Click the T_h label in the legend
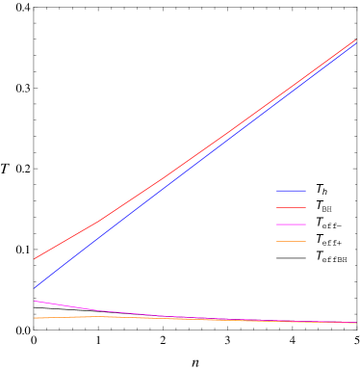click(321, 191)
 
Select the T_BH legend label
click(323, 207)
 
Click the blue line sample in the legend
click(291, 191)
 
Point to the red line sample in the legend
click(291, 207)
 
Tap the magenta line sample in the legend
click(291, 224)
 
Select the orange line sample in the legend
click(291, 241)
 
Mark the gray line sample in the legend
click(291, 257)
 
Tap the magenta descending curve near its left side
click(67, 306)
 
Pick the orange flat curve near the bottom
click(144, 317)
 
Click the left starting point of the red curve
click(35, 258)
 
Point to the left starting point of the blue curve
click(35, 287)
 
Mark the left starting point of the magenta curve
click(35, 301)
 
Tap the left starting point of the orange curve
click(35, 318)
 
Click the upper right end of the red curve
click(355, 40)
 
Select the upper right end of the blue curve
click(355, 43)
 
